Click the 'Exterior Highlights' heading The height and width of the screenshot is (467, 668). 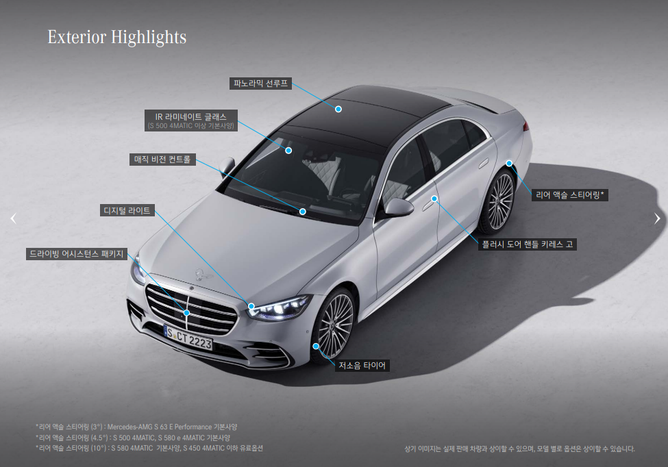[x=116, y=36]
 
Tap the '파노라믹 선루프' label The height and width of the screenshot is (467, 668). [x=260, y=84]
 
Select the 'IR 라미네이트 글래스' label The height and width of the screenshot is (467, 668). [x=190, y=117]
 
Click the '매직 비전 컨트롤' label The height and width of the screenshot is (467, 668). [x=163, y=160]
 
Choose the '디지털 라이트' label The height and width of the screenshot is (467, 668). [x=127, y=210]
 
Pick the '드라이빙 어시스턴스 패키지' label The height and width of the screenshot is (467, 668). [x=76, y=254]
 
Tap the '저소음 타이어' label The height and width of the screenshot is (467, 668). [x=362, y=366]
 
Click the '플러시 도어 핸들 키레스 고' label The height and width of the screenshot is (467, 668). [x=528, y=244]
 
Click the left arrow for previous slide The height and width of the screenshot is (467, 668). [x=12, y=218]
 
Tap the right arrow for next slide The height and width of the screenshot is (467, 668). [x=657, y=218]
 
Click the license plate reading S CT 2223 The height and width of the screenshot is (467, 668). [x=189, y=338]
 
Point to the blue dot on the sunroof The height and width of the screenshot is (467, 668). [x=338, y=109]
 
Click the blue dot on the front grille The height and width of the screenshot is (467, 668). [x=186, y=313]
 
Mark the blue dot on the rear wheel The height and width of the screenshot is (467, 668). [x=509, y=163]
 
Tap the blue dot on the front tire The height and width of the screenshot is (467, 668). [x=316, y=346]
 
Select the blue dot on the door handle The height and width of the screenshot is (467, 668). [x=434, y=199]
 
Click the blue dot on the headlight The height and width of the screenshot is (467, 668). [x=251, y=307]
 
